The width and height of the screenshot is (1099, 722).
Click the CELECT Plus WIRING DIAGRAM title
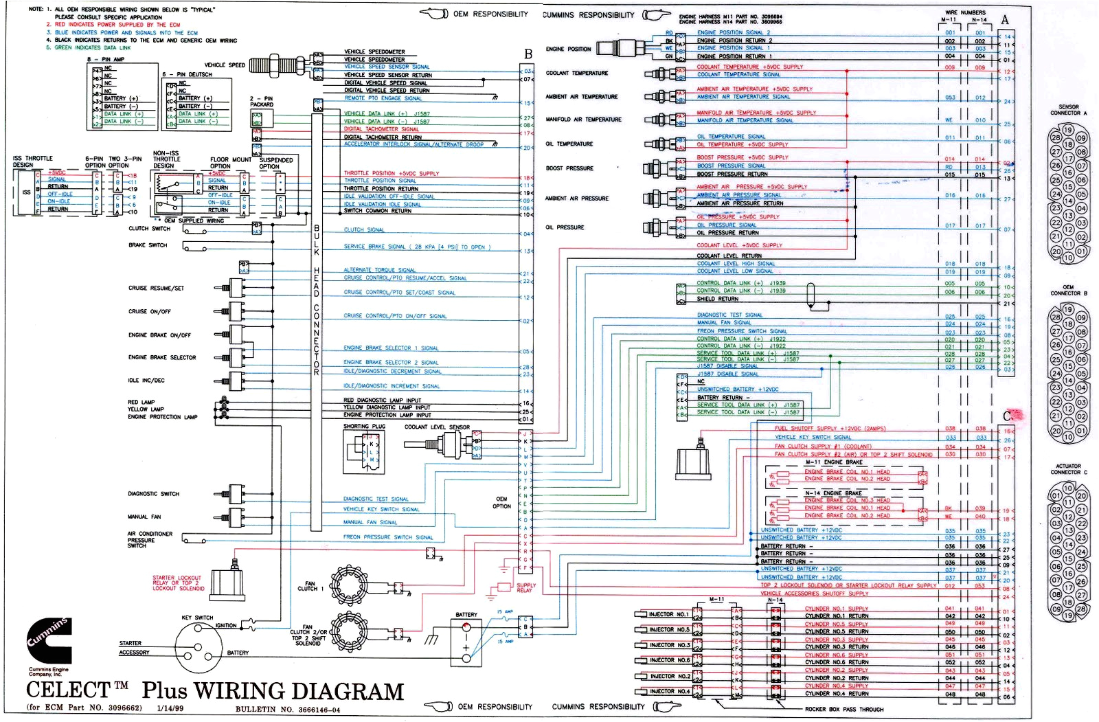[x=215, y=690]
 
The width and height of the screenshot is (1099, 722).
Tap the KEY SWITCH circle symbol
[x=199, y=646]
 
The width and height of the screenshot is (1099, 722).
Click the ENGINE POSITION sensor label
[x=568, y=49]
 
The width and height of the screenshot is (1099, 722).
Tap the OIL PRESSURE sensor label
[x=565, y=227]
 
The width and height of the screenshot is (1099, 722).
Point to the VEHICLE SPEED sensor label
[x=225, y=65]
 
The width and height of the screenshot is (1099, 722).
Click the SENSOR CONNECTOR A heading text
[x=1068, y=110]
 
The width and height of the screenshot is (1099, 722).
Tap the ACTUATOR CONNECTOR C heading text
[x=1068, y=469]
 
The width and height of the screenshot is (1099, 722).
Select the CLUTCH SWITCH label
[x=149, y=229]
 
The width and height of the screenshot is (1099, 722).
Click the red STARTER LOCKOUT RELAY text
[x=177, y=583]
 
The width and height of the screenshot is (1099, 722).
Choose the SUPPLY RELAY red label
[x=525, y=588]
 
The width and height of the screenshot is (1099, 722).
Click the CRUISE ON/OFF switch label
[x=149, y=311]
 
